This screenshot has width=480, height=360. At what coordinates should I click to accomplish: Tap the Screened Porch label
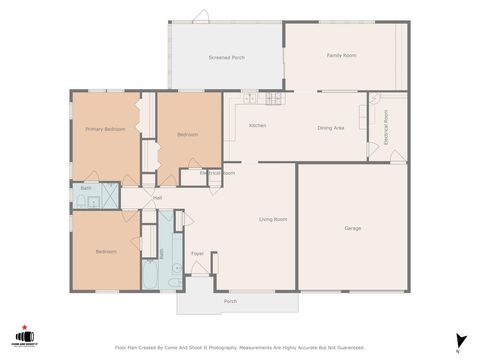pos(226,58)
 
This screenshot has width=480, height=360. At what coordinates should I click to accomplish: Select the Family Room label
pos(342,55)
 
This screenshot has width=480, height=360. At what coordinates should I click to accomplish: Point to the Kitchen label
pos(257,125)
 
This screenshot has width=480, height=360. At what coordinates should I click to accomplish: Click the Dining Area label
pos(331,129)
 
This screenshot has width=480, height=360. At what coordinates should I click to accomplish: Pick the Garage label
pos(353,228)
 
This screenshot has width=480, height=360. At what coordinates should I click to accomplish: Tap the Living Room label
pos(274,219)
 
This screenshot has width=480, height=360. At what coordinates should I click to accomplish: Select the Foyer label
pos(198,253)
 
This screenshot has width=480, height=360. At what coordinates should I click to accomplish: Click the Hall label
pos(157,198)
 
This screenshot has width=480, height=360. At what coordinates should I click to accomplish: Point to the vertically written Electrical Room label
pos(386,128)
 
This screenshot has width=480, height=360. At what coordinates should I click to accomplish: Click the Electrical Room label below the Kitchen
pos(217,173)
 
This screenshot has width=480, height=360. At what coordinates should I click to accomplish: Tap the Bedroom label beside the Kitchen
pos(188,134)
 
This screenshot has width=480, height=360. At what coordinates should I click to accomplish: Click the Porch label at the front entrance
pos(230,300)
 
